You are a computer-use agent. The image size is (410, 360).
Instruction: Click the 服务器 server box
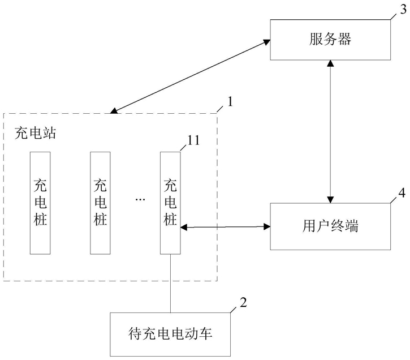click(330, 40)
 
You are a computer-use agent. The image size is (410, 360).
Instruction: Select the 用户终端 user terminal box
click(330, 226)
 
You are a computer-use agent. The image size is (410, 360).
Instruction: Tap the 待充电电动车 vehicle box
click(170, 334)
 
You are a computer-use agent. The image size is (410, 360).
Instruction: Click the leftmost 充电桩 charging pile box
click(40, 203)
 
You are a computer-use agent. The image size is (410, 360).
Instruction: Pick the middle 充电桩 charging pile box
click(100, 203)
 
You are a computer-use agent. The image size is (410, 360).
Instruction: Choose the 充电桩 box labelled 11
click(170, 203)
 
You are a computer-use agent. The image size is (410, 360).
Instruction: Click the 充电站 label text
click(35, 133)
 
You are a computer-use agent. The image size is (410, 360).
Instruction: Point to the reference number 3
click(403, 10)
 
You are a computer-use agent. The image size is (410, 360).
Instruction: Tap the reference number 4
click(402, 193)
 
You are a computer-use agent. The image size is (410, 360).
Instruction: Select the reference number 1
click(230, 101)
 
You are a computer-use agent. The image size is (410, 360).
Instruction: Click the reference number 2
click(243, 302)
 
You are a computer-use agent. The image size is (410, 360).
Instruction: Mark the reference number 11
click(193, 140)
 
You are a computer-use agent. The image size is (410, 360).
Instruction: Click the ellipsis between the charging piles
click(140, 200)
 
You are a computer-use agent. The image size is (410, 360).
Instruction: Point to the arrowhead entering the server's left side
click(266, 42)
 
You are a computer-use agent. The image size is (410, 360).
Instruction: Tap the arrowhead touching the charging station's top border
click(114, 111)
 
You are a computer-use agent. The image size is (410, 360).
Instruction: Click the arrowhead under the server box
click(330, 63)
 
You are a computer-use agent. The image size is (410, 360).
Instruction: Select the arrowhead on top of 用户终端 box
click(330, 200)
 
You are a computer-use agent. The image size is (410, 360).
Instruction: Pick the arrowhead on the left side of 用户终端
click(267, 226)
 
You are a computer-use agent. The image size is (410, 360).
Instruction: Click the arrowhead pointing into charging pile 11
click(184, 228)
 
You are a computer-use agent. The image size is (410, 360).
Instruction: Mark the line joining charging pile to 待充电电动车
click(170, 284)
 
